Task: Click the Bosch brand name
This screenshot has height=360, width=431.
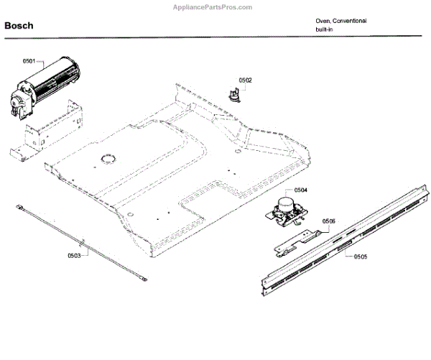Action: point(19,27)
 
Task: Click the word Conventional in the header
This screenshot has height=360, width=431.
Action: point(350,21)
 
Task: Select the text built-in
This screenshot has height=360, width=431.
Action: point(324,29)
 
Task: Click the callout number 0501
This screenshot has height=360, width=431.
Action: point(29,62)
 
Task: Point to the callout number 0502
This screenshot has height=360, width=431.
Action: point(245,81)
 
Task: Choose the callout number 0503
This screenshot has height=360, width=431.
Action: point(74,256)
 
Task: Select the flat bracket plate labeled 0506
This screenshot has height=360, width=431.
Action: point(296,239)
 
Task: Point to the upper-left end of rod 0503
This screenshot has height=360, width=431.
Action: point(19,207)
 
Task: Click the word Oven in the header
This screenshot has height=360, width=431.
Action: point(323,21)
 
